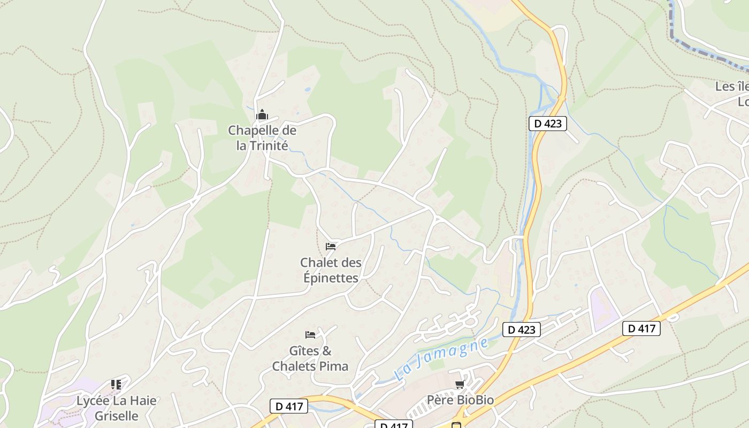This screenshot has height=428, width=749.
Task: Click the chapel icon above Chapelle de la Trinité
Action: [262, 115]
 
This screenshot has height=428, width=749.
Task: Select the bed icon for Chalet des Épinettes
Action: [331, 247]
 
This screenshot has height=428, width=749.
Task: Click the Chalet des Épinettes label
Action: [330, 270]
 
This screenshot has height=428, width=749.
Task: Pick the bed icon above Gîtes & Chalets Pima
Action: [310, 335]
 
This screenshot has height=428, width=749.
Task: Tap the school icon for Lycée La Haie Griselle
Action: [116, 384]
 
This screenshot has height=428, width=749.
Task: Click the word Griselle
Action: [116, 416]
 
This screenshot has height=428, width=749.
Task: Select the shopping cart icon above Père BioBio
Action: [460, 385]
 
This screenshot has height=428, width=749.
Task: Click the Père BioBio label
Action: [460, 400]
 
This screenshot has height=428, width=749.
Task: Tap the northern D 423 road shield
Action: [547, 124]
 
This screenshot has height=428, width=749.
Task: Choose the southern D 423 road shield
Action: [522, 330]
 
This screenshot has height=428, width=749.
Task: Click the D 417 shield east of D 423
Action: [641, 328]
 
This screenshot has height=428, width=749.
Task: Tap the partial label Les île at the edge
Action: [732, 87]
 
